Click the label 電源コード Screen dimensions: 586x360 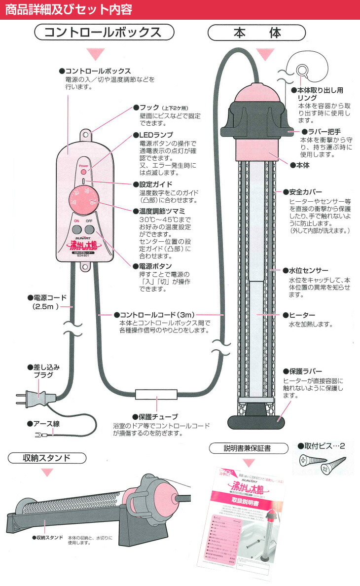49,298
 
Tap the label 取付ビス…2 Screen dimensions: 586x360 323,446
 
